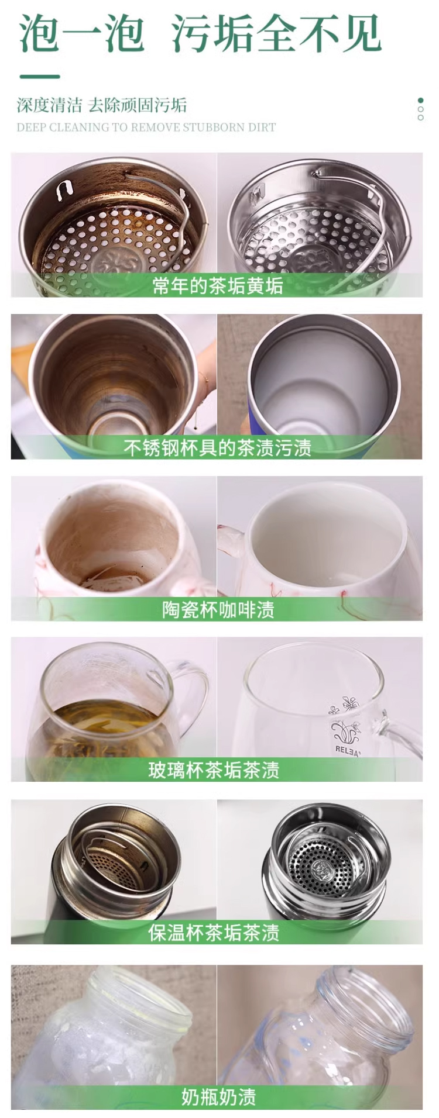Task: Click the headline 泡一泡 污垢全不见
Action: [x=200, y=33]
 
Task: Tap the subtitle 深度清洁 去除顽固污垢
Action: [x=102, y=105]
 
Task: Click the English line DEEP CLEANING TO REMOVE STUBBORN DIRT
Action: [x=146, y=127]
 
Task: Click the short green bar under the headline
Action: [x=40, y=77]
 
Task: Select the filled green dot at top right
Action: [x=420, y=100]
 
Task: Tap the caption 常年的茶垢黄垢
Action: [x=217, y=286]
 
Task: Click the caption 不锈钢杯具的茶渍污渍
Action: [x=217, y=448]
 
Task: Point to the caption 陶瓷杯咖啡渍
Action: [x=218, y=610]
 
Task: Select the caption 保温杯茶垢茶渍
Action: [x=214, y=933]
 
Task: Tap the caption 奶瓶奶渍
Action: [x=218, y=1098]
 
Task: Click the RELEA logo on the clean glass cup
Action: [x=348, y=751]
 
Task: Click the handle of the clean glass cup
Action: [x=404, y=731]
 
